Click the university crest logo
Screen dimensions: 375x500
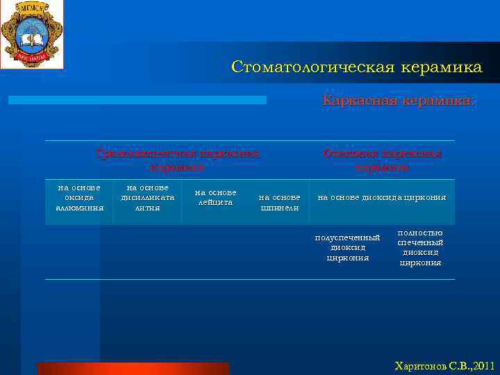pyautogui.click(x=31, y=34)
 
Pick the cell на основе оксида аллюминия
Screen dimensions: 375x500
pyautogui.click(x=79, y=197)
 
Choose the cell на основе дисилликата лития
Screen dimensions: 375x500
pyautogui.click(x=147, y=197)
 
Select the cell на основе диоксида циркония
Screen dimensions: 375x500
pyautogui.click(x=381, y=197)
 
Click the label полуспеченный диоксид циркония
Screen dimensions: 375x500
pyautogui.click(x=347, y=248)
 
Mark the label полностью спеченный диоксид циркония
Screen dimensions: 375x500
pyautogui.click(x=420, y=248)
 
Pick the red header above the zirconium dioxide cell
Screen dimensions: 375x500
pyautogui.click(x=381, y=160)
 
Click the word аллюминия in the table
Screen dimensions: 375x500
pyautogui.click(x=79, y=207)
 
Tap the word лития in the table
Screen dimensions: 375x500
pyautogui.click(x=147, y=207)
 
